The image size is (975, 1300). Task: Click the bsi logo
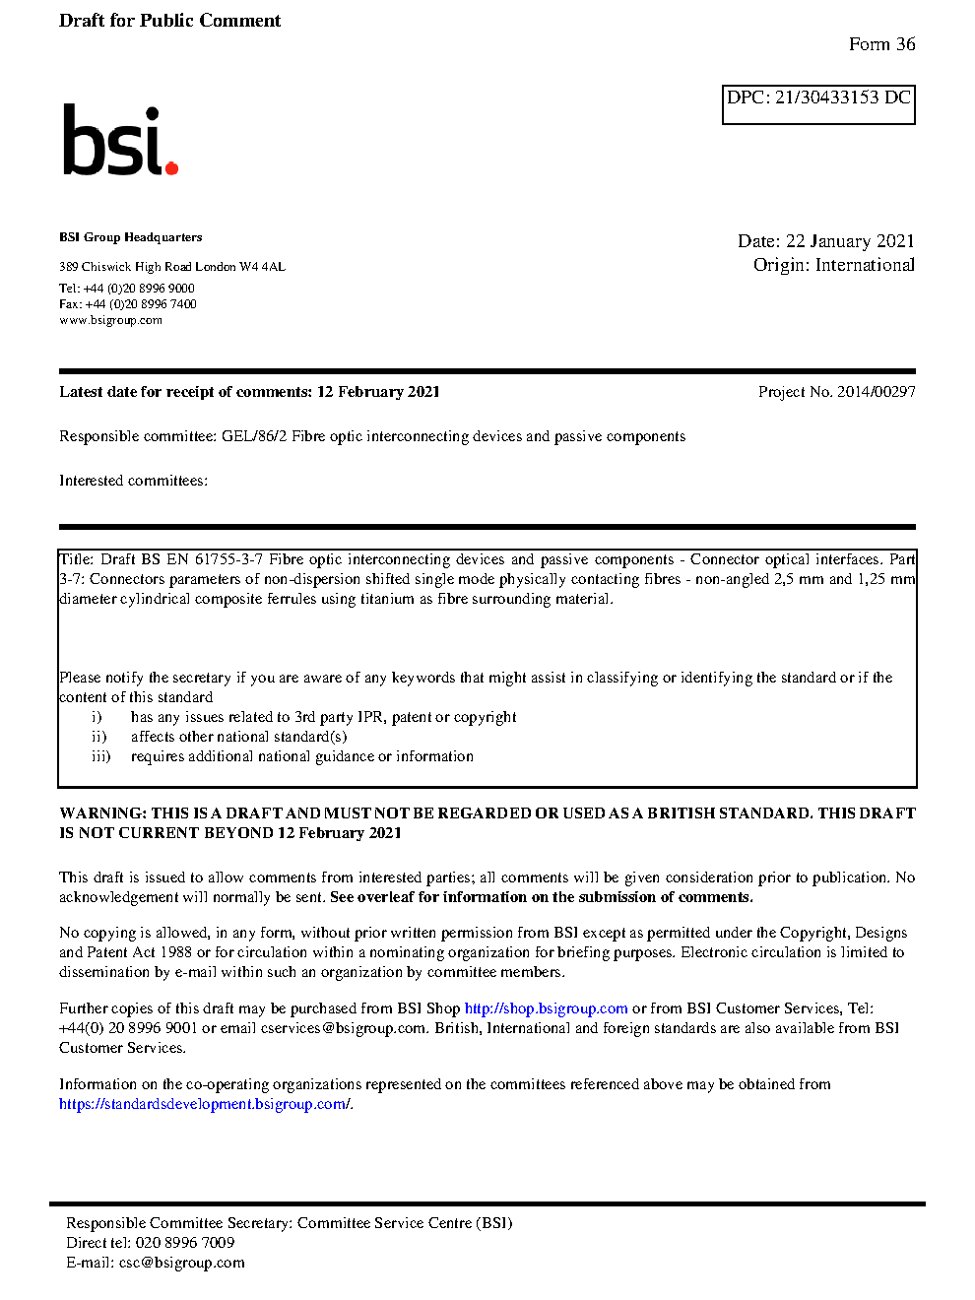119,141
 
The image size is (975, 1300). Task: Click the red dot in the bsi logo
171,168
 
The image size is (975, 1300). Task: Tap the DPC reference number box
818,103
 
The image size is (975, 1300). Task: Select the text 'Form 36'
881,44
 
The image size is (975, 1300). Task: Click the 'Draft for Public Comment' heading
169,21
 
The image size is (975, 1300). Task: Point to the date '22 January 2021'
850,241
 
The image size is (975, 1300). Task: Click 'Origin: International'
833,265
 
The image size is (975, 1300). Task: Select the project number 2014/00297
876,392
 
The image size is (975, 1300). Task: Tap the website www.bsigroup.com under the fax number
110,320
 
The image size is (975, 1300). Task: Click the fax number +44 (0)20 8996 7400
141,304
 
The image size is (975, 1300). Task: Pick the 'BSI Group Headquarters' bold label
130,237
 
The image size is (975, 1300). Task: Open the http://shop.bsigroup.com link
546,1008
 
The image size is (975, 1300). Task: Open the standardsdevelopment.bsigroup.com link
204,1104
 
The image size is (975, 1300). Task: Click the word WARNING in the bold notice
102,813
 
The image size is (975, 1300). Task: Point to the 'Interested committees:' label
133,481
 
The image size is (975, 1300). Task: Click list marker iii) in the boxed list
100,756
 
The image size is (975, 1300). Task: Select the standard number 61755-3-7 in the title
228,559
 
